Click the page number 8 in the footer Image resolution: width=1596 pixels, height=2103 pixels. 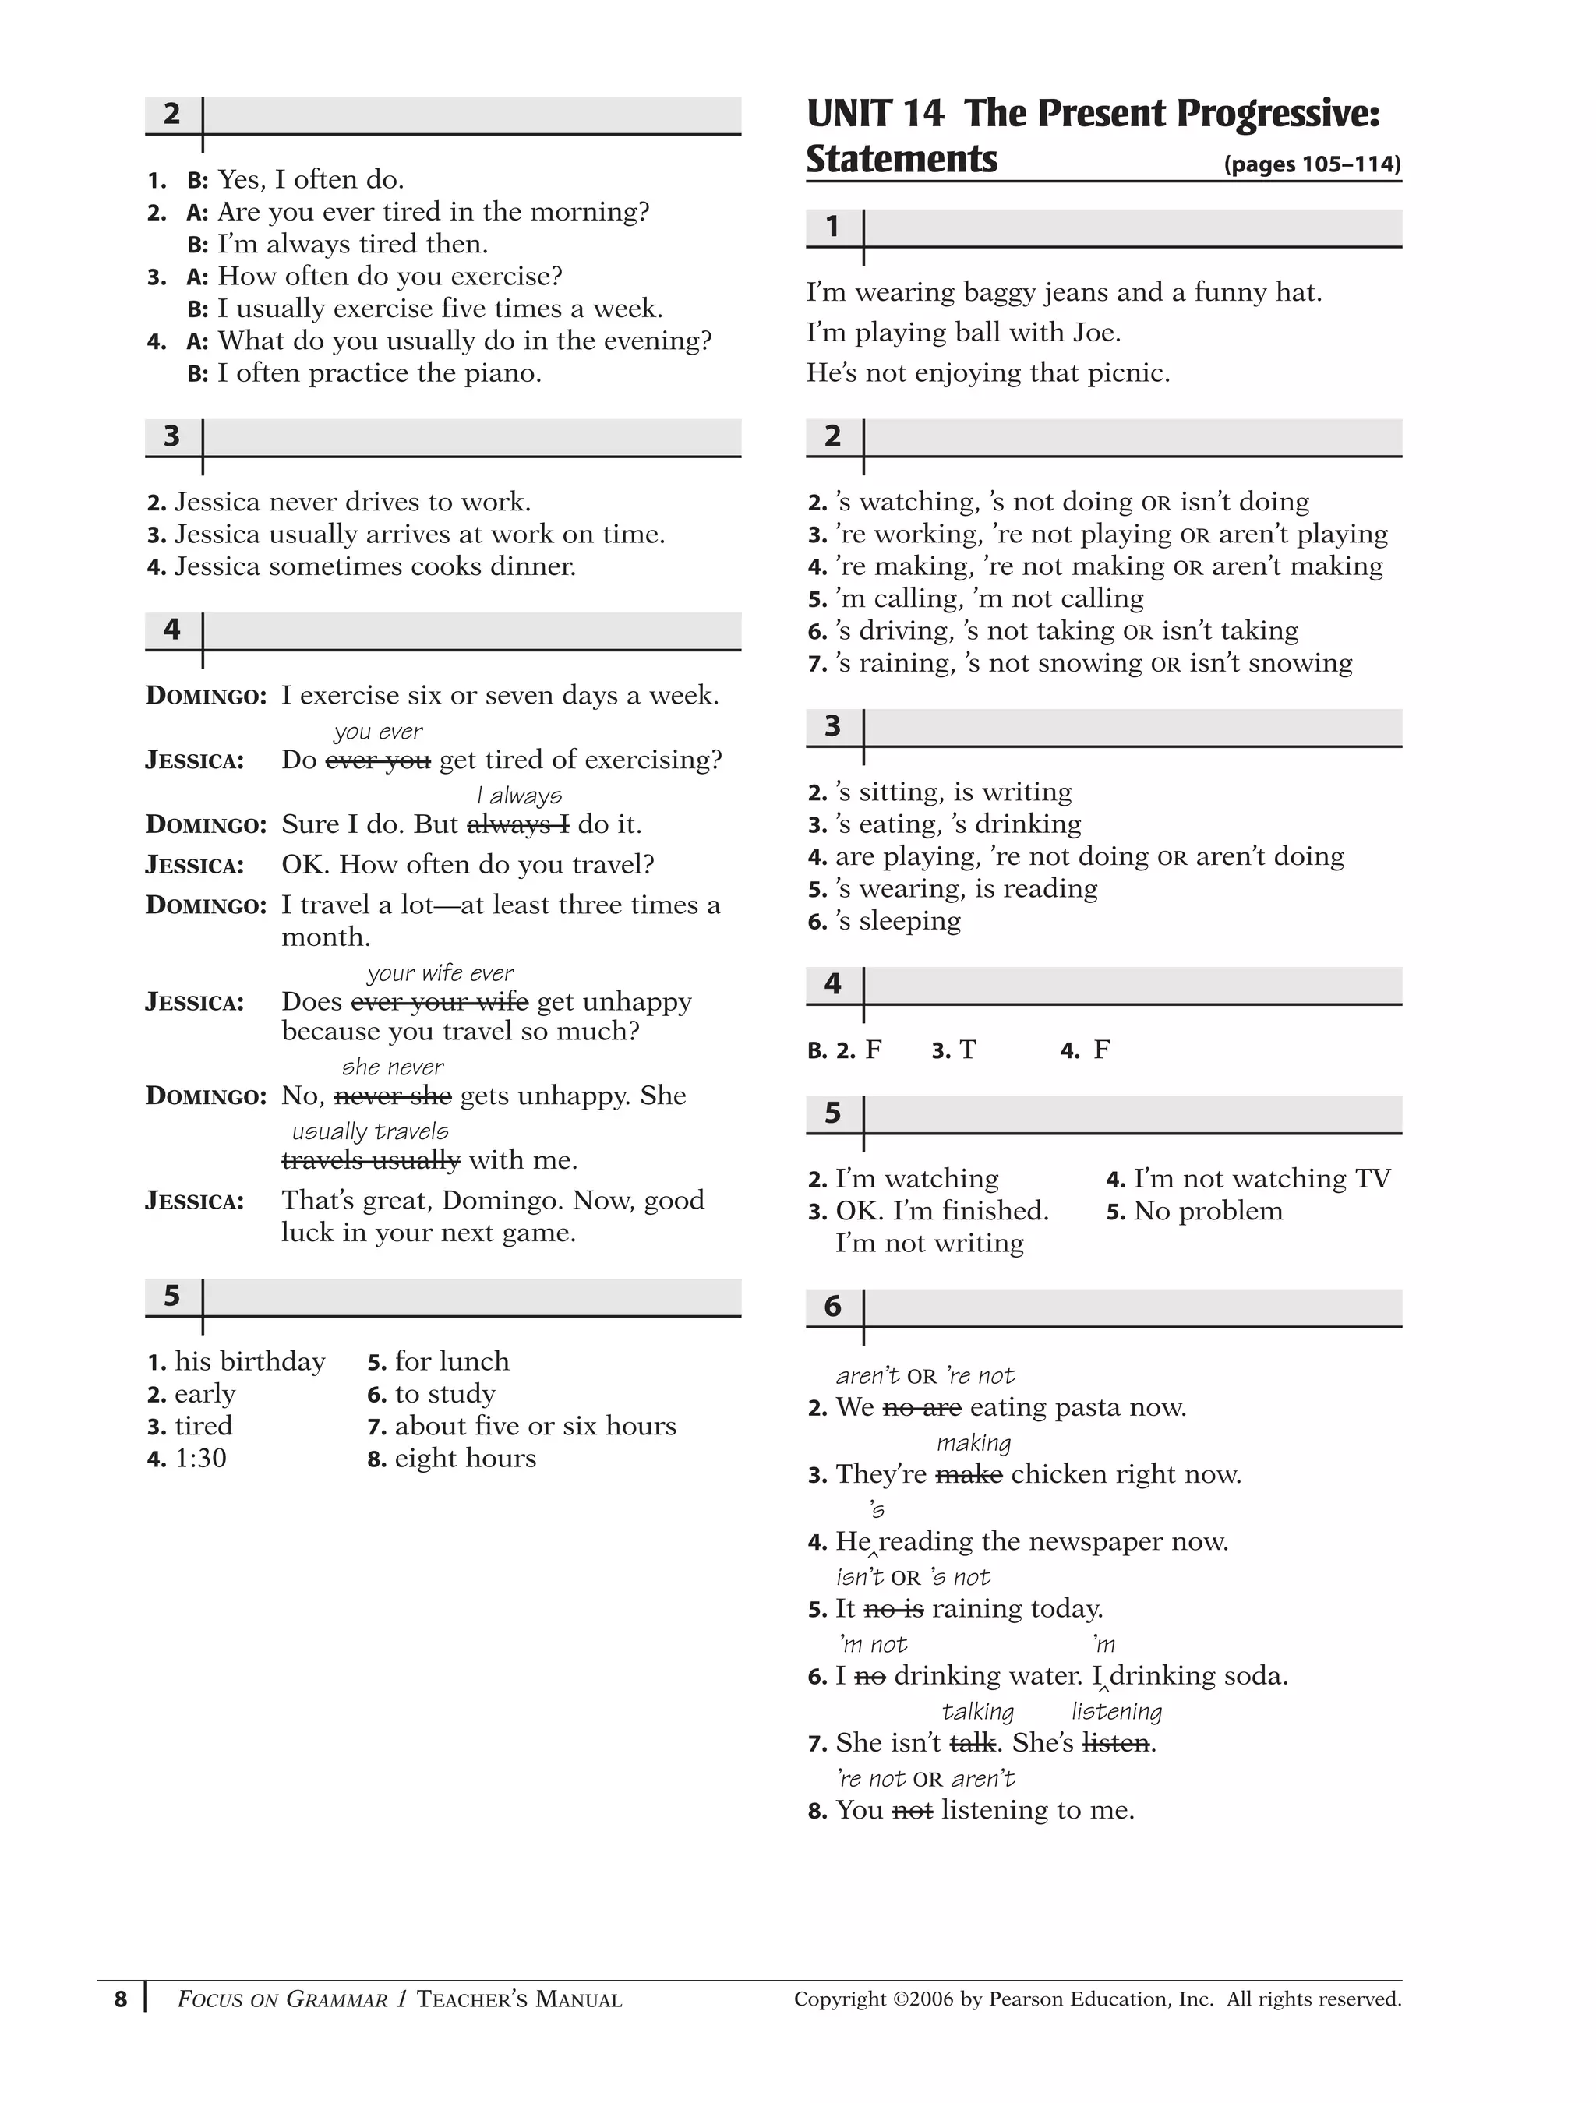click(120, 1999)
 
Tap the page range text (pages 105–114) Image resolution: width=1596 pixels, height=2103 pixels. click(1312, 164)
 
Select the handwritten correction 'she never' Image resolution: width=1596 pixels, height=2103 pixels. click(392, 1067)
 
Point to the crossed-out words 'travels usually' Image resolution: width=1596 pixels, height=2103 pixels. click(371, 1161)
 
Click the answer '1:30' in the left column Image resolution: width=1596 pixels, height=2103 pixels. click(201, 1459)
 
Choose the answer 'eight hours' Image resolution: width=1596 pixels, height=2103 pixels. click(465, 1459)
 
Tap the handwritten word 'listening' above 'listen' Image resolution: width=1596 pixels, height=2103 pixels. click(1116, 1711)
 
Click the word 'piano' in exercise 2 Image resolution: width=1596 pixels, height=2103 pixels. click(499, 374)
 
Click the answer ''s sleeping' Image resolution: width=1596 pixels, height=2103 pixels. click(898, 921)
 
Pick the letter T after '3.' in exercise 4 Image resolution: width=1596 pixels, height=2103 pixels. click(967, 1050)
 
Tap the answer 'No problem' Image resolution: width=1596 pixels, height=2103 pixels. click(1208, 1211)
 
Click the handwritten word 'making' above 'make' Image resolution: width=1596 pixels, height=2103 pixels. click(973, 1443)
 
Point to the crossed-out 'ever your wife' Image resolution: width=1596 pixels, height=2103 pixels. click(440, 1003)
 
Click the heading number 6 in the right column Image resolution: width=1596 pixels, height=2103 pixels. click(832, 1307)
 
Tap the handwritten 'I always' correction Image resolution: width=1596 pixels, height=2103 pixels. click(519, 796)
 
